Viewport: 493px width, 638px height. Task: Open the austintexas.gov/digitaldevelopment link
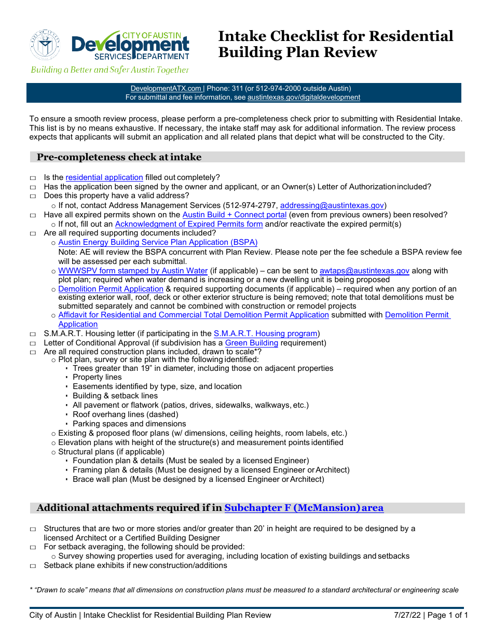pos(304,97)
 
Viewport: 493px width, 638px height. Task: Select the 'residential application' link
pos(104,177)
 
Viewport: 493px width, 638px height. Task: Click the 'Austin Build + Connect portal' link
pos(235,215)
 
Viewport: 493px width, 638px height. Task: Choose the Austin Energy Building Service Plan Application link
pos(158,242)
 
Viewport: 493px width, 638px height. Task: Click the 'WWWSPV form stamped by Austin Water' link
pos(133,271)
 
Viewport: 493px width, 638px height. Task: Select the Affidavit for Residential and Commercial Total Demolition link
pos(194,315)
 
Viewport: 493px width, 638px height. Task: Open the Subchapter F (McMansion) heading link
pos(304,508)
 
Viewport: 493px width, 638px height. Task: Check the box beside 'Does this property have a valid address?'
pos(33,197)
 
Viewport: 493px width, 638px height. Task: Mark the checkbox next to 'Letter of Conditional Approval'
pos(33,344)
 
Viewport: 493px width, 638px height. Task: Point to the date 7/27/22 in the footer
pos(406,615)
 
